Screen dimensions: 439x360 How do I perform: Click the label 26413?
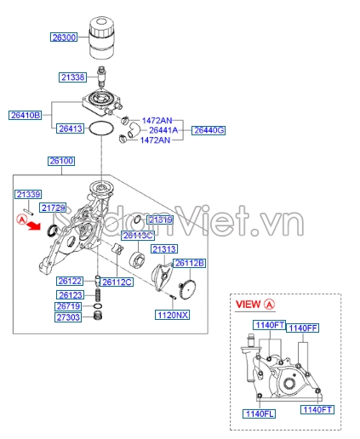pos(71,128)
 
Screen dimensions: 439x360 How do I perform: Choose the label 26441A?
pos(163,130)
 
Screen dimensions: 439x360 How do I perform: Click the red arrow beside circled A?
pos(32,228)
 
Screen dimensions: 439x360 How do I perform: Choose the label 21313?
pos(164,248)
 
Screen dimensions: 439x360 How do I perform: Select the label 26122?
pos(70,281)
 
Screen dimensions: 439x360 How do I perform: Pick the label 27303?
pos(68,317)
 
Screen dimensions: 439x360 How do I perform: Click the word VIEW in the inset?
pos(248,304)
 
